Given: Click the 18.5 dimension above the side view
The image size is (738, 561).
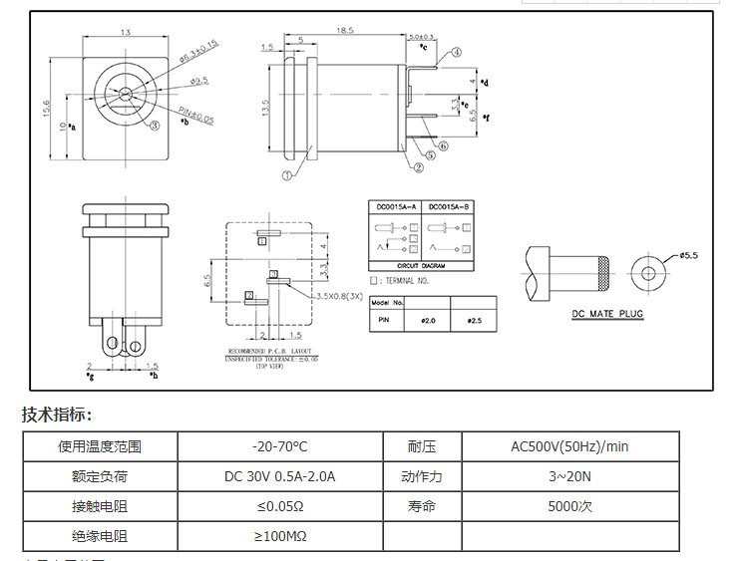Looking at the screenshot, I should pos(345,31).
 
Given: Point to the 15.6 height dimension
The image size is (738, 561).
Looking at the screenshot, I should pos(46,108).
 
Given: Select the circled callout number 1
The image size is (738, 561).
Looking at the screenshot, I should pos(287,174).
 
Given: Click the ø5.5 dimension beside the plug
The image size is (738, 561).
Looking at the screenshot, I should pos(688,255).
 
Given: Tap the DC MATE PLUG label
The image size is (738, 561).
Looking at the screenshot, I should pos(607,314).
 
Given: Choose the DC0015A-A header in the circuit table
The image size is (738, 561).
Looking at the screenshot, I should pos(395,207).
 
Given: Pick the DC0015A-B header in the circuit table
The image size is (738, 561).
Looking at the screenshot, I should pos(448,207).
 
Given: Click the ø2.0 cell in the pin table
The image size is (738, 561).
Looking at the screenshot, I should pos(429,321).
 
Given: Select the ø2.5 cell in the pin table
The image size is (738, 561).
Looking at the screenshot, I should pos(474,321).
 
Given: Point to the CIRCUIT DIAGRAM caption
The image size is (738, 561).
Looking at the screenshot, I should pos(421,267).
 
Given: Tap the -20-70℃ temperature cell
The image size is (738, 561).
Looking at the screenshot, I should pos(280,446).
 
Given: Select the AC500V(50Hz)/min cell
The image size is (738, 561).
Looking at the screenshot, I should pos(569,446).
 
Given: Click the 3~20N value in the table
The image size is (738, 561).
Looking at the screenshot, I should pos(569,476).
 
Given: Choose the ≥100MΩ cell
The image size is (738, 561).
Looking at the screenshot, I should pos(280,536).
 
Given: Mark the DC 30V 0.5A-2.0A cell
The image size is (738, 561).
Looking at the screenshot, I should pos(280,476).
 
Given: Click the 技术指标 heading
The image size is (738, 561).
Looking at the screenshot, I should pos(57,415).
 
